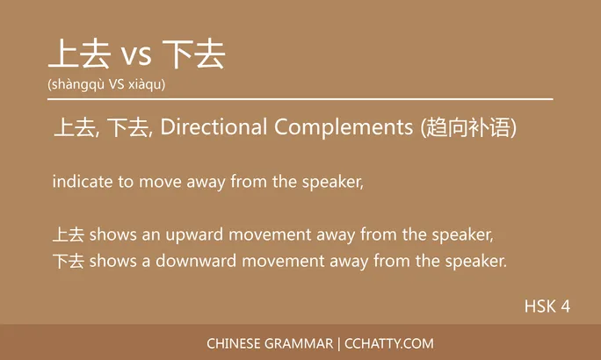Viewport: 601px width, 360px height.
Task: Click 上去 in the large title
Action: point(78,54)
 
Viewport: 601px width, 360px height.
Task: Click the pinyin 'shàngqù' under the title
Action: point(75,85)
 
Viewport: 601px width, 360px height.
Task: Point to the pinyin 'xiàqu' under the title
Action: point(144,85)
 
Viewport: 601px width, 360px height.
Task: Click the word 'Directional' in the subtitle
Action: point(214,128)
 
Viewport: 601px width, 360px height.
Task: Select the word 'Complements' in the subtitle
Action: point(343,128)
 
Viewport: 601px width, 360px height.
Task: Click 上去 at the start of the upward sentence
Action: point(68,234)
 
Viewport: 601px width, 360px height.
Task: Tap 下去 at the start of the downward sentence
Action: point(68,261)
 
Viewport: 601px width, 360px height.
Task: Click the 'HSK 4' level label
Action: point(547,306)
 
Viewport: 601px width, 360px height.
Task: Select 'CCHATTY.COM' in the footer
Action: point(389,343)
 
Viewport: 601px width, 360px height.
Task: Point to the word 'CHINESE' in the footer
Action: point(235,343)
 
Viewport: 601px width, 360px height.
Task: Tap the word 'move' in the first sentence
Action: point(165,182)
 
